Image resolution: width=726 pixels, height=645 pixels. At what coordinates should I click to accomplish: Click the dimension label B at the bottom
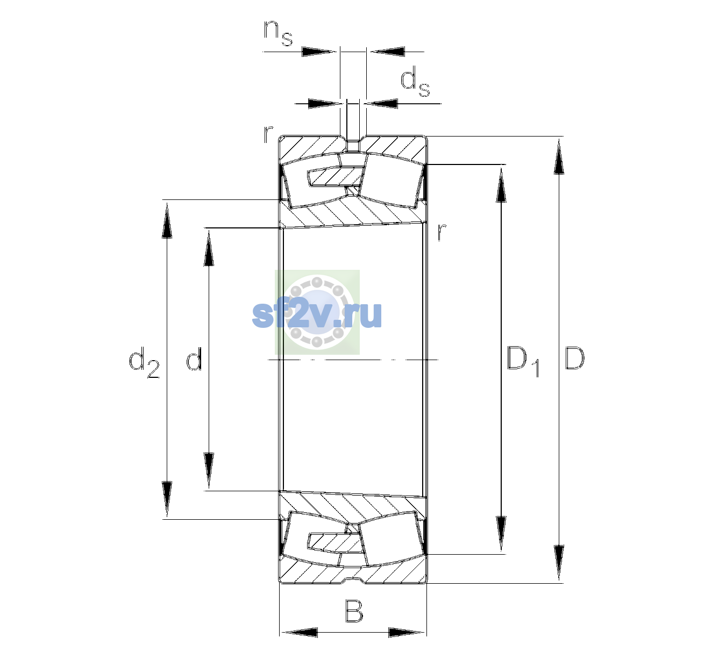tap(354, 611)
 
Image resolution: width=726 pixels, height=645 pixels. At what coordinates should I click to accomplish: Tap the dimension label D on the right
tap(574, 358)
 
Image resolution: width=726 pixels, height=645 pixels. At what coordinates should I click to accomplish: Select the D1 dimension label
tap(523, 361)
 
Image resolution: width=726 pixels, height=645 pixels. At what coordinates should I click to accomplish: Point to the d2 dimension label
tap(144, 362)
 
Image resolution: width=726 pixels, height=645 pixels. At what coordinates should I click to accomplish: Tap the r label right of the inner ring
tap(442, 232)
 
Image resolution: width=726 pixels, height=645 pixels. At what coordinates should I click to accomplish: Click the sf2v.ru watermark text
tap(317, 314)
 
